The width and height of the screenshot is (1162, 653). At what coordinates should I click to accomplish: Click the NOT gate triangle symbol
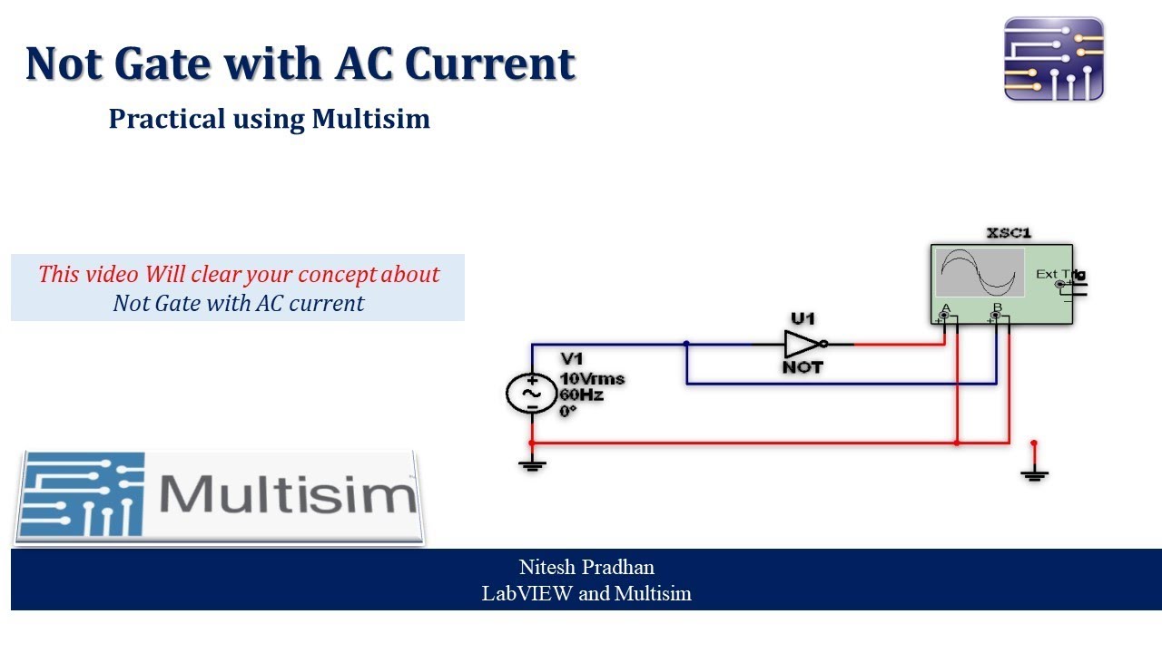801,344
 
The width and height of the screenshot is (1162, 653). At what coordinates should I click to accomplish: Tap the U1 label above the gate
803,319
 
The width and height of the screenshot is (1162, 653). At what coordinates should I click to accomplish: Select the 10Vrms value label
592,379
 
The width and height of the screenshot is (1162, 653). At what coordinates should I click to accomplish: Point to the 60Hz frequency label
581,395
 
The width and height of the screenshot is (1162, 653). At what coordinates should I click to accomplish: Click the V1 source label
572,359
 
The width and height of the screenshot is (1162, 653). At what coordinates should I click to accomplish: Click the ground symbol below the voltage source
532,465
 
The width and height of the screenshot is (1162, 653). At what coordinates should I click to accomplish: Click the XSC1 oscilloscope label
1009,233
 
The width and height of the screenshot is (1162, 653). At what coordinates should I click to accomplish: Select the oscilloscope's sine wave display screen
980,272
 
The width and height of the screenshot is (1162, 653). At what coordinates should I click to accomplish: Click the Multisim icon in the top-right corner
1053,59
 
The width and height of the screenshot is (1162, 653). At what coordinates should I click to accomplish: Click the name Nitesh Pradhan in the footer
586,568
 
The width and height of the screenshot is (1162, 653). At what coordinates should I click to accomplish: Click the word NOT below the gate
803,367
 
